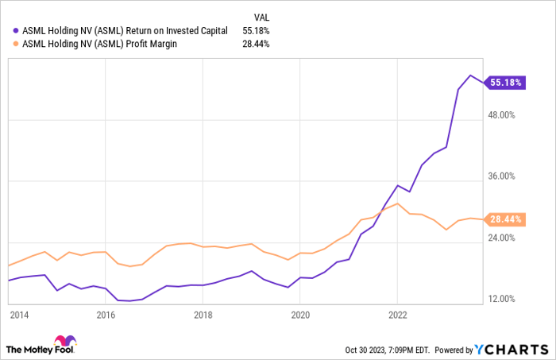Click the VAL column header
[x=261, y=16]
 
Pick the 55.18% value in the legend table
[x=256, y=30]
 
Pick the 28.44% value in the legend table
[x=256, y=44]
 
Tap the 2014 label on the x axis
[x=19, y=314]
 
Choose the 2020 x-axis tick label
[x=300, y=314]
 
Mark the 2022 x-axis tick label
[x=397, y=314]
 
